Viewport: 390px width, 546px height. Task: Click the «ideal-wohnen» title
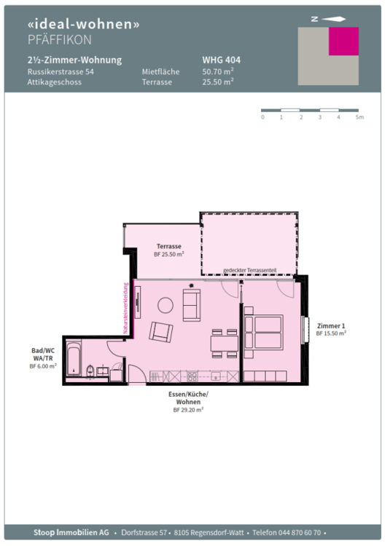tap(83, 23)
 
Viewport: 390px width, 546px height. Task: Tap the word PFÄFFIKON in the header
tap(60, 39)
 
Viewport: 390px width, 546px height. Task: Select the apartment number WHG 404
tap(221, 60)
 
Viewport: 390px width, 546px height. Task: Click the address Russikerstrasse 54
tap(61, 72)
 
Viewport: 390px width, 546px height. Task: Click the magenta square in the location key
tap(344, 41)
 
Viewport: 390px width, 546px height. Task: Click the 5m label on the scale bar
tap(359, 117)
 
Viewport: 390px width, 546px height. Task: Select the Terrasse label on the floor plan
tap(168, 247)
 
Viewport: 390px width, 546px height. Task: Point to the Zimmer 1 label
tap(330, 325)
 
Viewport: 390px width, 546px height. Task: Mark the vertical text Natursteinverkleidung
tap(125, 308)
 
